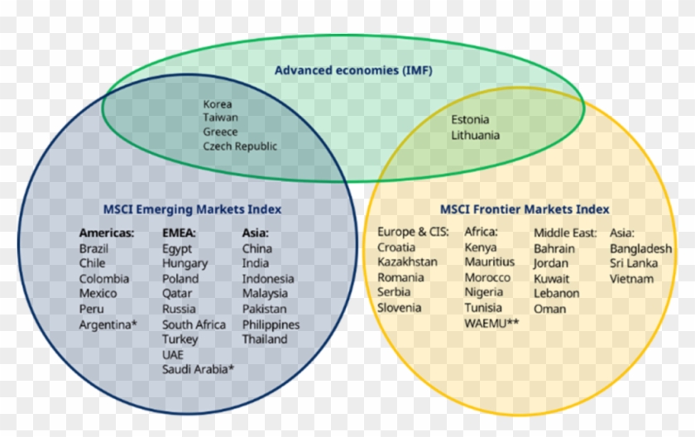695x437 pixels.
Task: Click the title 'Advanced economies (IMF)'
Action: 353,70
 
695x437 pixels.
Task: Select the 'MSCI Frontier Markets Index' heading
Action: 525,209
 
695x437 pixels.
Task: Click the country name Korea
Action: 218,104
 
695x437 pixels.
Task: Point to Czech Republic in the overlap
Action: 240,146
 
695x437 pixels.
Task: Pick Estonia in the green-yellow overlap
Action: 470,120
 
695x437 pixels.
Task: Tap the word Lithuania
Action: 475,135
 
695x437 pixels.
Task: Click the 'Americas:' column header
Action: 107,233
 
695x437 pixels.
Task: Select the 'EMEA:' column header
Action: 179,233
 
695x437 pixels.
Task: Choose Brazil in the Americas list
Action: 93,248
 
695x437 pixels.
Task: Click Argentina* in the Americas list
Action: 107,324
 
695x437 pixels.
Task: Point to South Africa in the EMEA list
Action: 194,324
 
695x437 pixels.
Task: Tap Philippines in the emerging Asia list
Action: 271,324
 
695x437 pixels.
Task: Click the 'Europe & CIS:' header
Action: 413,232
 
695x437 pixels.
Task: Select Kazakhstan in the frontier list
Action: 407,262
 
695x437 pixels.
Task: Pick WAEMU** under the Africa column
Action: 491,323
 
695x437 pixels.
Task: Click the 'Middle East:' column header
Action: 564,233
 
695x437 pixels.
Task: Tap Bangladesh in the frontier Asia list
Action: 640,248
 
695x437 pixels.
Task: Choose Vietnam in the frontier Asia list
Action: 631,279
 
